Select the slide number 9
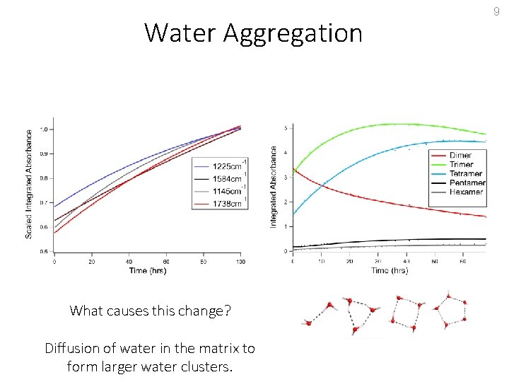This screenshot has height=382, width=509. [496, 11]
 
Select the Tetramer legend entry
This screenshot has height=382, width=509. [465, 173]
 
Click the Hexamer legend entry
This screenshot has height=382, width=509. [465, 192]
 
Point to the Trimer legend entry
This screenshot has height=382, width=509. [461, 164]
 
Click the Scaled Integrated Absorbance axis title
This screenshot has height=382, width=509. [29, 183]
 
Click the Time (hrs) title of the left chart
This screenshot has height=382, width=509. [148, 270]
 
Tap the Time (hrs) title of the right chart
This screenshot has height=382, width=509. [390, 270]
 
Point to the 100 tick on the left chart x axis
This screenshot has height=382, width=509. [240, 262]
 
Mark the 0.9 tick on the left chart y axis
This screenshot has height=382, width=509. [45, 154]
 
